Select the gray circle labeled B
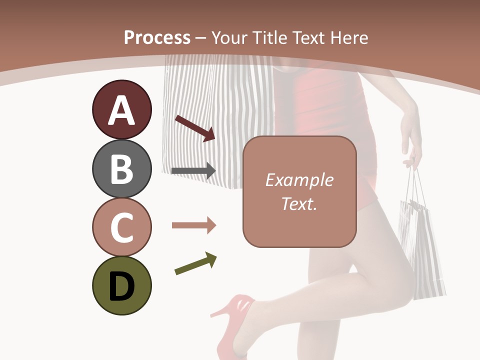tap(121, 168)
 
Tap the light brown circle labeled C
tap(121, 227)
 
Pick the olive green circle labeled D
tap(121, 285)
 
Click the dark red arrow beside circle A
tap(195, 128)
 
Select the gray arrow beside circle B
tap(193, 171)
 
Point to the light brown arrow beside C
tap(193, 225)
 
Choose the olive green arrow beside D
tap(195, 263)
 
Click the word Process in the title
tap(157, 37)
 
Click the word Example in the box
tap(299, 180)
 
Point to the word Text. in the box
tap(299, 203)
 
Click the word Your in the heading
tap(231, 37)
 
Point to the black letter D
tap(121, 286)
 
